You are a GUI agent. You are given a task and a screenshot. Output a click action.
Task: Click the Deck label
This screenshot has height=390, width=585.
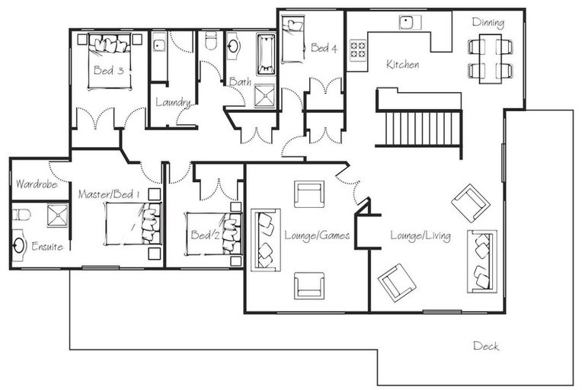pos(486,346)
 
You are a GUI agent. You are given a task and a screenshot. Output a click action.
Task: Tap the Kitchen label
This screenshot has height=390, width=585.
pos(402,65)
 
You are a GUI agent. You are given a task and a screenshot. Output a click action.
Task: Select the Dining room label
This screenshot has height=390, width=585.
pos(487,22)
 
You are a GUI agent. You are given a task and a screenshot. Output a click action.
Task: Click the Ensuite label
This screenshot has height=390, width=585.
pos(47,246)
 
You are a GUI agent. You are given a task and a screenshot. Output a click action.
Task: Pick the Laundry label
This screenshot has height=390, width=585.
pos(172,102)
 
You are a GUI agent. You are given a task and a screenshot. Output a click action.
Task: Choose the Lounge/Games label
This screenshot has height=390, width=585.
pos(316,235)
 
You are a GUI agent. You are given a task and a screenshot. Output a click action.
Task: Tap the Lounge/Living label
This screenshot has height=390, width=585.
pos(420,236)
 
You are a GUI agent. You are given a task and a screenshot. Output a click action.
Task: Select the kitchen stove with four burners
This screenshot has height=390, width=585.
pos(358,50)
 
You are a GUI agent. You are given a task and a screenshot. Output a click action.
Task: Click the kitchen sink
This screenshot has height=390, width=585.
pos(408,22)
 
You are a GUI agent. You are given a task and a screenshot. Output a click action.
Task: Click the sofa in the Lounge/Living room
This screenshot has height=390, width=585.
pos(482,260)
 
